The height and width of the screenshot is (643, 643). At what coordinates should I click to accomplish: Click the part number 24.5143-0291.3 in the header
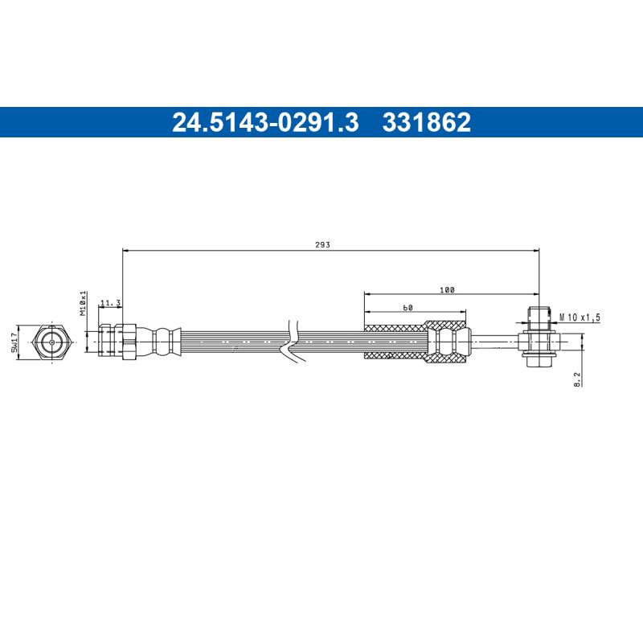tap(265, 122)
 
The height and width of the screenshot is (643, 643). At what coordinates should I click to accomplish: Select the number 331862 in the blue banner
tap(427, 122)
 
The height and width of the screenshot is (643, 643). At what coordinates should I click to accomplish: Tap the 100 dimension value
tap(448, 289)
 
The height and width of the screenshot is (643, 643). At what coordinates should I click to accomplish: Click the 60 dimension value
tap(408, 308)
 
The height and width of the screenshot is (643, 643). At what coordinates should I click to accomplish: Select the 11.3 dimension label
tap(110, 303)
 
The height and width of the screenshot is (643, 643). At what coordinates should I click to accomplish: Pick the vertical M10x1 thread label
tap(83, 302)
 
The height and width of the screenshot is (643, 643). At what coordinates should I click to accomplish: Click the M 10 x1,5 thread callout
tap(580, 317)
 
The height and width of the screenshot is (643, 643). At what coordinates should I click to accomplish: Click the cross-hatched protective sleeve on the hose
tap(394, 342)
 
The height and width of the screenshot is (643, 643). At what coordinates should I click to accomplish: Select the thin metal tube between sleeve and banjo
tap(494, 342)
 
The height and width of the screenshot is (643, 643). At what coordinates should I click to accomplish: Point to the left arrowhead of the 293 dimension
tap(125, 251)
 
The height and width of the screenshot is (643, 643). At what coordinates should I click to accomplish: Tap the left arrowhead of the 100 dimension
tap(367, 295)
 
